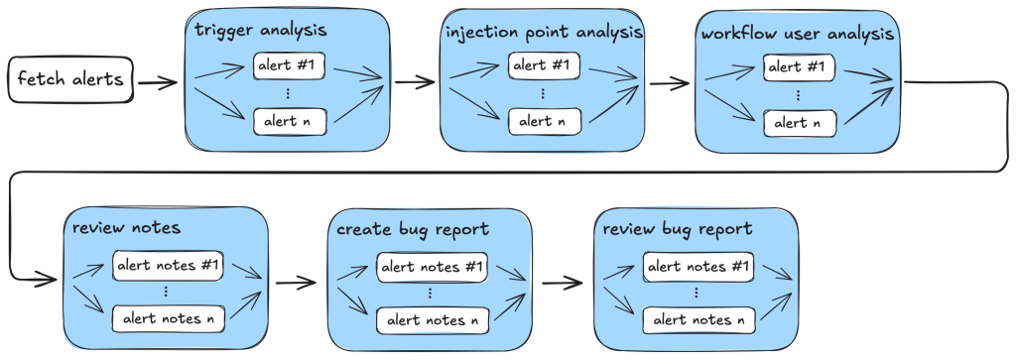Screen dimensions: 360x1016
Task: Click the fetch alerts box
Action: tap(71, 79)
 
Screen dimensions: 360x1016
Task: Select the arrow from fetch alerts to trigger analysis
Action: tap(159, 80)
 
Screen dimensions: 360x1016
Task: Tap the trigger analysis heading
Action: tap(261, 30)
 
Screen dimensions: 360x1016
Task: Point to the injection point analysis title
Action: tap(543, 32)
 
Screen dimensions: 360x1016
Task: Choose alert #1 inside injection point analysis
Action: tap(542, 65)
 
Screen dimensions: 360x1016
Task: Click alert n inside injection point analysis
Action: tap(542, 121)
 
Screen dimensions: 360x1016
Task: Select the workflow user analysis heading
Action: tap(798, 34)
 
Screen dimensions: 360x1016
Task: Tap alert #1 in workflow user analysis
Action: tap(799, 68)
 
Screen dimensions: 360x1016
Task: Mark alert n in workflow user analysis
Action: tap(799, 123)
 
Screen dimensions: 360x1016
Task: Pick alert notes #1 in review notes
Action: tap(170, 265)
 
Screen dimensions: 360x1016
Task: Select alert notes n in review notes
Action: tap(170, 318)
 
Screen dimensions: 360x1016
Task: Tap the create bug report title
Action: tap(413, 229)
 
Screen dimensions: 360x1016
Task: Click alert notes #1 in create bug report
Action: tap(433, 267)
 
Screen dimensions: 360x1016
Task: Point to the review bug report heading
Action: tap(677, 229)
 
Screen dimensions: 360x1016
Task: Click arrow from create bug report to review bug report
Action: tap(562, 283)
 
